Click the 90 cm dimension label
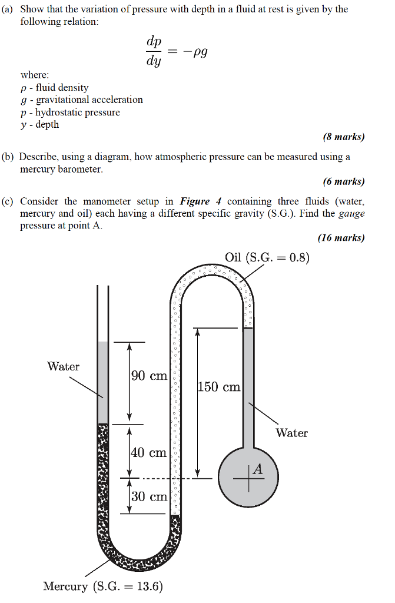(x=149, y=376)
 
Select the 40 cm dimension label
(x=149, y=453)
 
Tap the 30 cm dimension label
(x=149, y=496)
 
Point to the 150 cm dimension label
(x=219, y=387)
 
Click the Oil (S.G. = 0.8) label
(x=267, y=257)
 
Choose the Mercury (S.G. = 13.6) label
(x=103, y=587)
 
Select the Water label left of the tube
(x=64, y=367)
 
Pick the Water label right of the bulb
(x=291, y=433)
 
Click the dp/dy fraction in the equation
(x=154, y=52)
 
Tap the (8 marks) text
(x=344, y=137)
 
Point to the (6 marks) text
(x=344, y=181)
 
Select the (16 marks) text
(x=341, y=238)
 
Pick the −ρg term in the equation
(x=195, y=52)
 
